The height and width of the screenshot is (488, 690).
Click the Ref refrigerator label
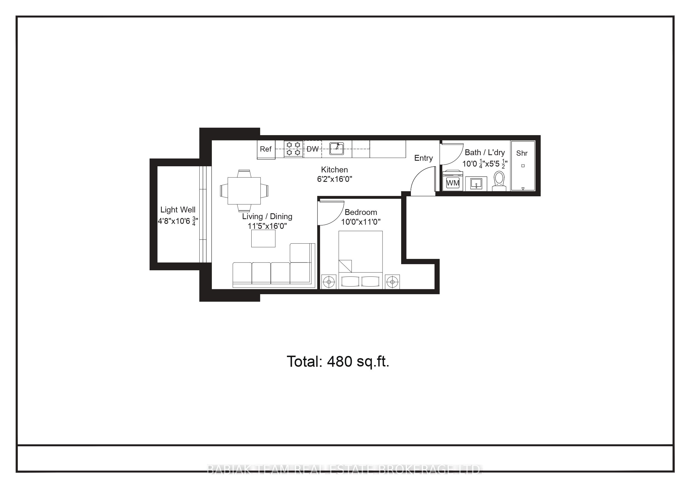point(265,149)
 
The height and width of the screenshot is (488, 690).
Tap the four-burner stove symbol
point(293,149)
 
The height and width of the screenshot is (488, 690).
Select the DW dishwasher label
point(312,149)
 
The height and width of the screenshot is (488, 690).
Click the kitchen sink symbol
point(337,148)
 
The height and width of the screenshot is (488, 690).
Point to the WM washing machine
point(453,182)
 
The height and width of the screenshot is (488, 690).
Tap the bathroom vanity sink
point(476,184)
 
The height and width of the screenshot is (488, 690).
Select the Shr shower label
point(522,153)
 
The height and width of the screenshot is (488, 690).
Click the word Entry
point(423,158)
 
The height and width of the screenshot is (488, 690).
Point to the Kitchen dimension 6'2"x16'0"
point(334,179)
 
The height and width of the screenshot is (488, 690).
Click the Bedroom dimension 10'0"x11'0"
point(361,222)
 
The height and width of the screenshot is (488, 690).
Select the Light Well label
point(178,210)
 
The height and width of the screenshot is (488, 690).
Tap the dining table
point(244,191)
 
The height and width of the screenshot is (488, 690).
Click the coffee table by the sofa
point(263,239)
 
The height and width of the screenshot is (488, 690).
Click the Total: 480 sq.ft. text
point(338,361)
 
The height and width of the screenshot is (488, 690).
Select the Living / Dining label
point(267,217)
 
